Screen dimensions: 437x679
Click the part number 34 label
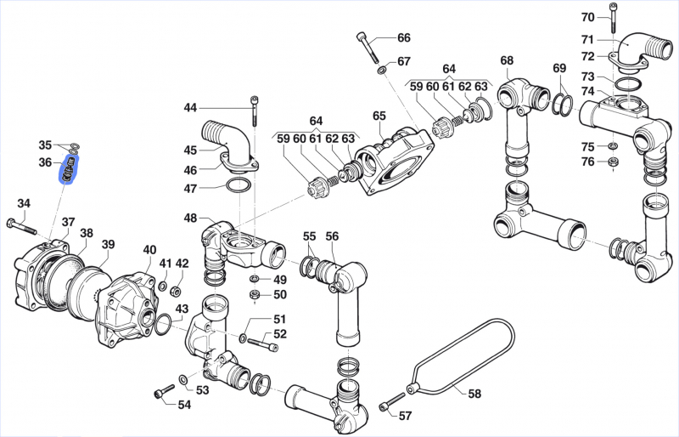[24, 203]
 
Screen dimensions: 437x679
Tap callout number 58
[474, 394]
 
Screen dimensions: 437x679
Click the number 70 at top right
[588, 17]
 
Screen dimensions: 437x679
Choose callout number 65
[379, 116]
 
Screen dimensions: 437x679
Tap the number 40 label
[149, 250]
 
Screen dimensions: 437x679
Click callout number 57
[405, 416]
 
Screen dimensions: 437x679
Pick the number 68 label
[507, 60]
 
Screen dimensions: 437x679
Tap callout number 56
[332, 236]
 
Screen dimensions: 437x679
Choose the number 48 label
[190, 218]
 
